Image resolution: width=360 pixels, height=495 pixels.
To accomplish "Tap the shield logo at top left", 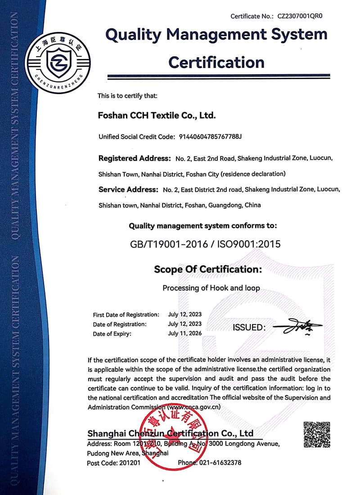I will click(x=58, y=63).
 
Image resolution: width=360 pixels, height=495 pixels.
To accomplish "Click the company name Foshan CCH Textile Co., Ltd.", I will click(x=157, y=115).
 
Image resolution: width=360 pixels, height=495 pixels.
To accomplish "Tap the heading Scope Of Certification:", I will click(x=208, y=269).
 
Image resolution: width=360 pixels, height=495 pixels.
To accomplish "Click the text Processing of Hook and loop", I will click(x=211, y=288).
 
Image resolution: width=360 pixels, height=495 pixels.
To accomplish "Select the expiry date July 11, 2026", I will click(x=185, y=333).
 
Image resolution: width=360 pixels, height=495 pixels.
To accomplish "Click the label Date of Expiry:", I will click(x=112, y=334).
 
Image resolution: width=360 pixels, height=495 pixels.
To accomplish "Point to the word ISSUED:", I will click(x=249, y=328).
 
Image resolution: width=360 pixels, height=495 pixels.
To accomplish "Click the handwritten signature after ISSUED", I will click(x=298, y=327).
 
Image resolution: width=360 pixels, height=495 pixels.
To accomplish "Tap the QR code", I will click(x=317, y=435).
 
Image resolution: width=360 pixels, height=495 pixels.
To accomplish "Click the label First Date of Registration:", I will click(x=126, y=315).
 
